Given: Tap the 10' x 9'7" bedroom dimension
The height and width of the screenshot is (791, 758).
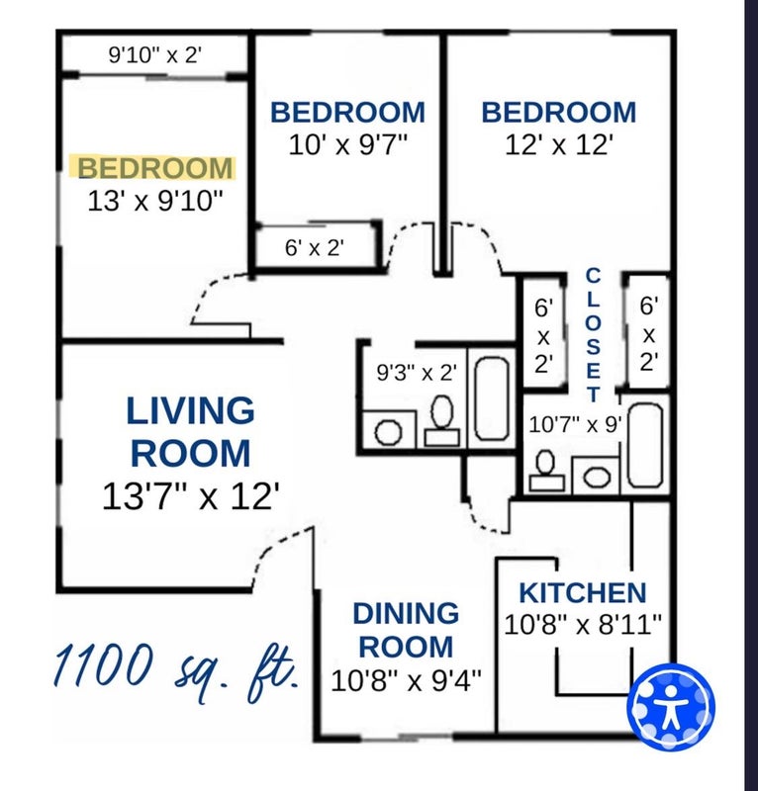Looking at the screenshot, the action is [x=348, y=145].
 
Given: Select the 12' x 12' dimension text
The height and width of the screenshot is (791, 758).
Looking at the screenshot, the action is [x=559, y=145].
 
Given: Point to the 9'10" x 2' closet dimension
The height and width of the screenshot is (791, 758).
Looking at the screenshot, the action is [x=155, y=54].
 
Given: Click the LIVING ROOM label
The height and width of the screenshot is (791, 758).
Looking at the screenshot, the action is [x=190, y=432].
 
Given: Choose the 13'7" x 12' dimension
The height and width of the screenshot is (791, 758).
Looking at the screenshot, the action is [x=191, y=496].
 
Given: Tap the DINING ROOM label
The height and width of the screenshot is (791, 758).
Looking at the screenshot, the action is [x=406, y=630].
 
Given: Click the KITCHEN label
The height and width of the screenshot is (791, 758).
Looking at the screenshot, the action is [x=583, y=592].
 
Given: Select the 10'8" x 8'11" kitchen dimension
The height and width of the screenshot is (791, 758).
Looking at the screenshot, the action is [x=583, y=625].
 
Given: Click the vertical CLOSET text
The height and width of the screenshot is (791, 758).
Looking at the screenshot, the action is [x=593, y=335].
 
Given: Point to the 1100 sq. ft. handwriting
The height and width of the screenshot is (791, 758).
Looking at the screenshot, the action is [x=176, y=669].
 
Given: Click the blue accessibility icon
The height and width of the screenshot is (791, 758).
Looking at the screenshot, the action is [x=671, y=706].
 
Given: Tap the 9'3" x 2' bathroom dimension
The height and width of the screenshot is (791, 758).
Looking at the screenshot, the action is [x=418, y=373].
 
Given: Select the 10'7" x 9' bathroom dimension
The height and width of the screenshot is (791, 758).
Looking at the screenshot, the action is [x=575, y=424].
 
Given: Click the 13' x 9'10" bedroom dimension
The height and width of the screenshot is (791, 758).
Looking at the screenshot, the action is [x=155, y=201].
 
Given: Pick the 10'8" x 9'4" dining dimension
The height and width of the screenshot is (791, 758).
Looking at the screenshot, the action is [x=406, y=680].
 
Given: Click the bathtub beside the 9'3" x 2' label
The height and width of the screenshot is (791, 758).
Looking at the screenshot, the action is [x=492, y=398].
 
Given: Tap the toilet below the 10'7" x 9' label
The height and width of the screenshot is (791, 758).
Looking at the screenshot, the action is [x=546, y=471].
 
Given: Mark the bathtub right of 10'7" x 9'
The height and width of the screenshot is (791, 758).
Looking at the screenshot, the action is [x=645, y=446].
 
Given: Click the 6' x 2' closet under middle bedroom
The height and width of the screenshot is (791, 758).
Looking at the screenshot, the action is [x=315, y=248].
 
